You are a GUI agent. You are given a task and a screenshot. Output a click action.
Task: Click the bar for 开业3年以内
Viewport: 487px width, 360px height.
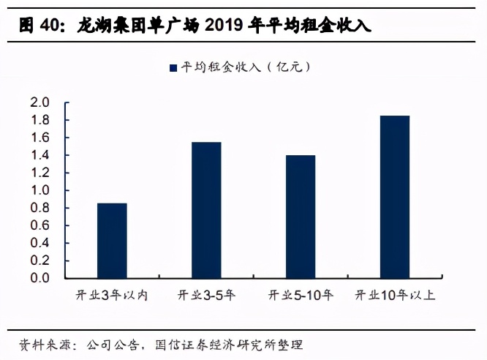tap(112, 241)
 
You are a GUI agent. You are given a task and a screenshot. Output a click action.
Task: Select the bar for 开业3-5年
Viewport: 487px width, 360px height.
tap(206, 210)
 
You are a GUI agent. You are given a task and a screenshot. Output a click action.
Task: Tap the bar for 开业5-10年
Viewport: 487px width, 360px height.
tap(301, 217)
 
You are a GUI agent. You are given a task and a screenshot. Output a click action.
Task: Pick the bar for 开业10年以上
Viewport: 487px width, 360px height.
tap(395, 197)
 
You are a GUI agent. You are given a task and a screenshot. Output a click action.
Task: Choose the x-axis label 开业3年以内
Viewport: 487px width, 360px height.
tap(112, 296)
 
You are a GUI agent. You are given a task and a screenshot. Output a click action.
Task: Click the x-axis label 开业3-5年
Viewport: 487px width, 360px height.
tap(206, 296)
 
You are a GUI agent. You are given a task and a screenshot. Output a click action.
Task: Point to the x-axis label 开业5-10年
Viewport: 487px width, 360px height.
tap(301, 296)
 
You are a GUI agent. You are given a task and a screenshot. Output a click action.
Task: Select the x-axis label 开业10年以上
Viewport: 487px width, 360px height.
tap(395, 296)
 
